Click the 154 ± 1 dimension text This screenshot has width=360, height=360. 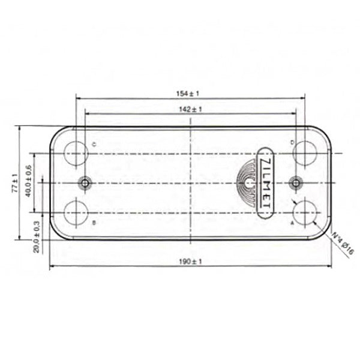click(190, 93)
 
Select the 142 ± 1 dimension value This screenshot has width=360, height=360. click(190, 109)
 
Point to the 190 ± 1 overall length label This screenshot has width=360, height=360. click(190, 261)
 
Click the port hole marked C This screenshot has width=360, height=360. click(76, 152)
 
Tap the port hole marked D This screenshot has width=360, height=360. click(306, 152)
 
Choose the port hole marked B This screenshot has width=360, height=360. click(76, 212)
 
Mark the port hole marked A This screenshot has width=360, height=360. click(306, 212)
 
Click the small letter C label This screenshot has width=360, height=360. click(94, 143)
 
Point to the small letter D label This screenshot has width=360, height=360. click(292, 142)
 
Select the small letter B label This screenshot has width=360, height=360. click(94, 223)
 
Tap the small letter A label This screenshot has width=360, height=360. click(292, 223)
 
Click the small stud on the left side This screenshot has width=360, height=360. click(86, 182)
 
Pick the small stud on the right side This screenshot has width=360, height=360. click(295, 182)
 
